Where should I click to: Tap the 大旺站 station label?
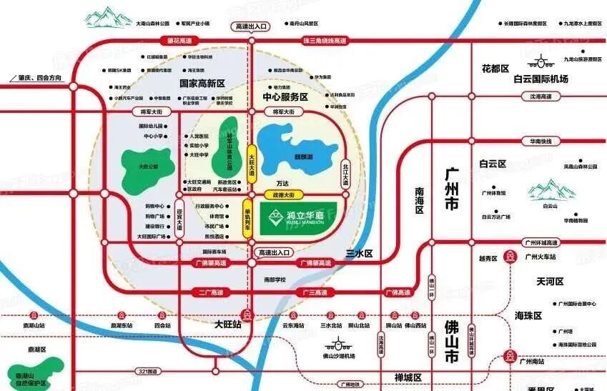coord(228,324)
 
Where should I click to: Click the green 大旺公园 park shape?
coord(147,166)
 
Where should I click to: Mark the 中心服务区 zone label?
coord(285,96)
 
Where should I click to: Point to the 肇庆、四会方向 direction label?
coord(36,77)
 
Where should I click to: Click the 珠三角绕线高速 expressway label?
coord(319,40)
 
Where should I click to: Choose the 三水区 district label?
coord(360,253)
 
